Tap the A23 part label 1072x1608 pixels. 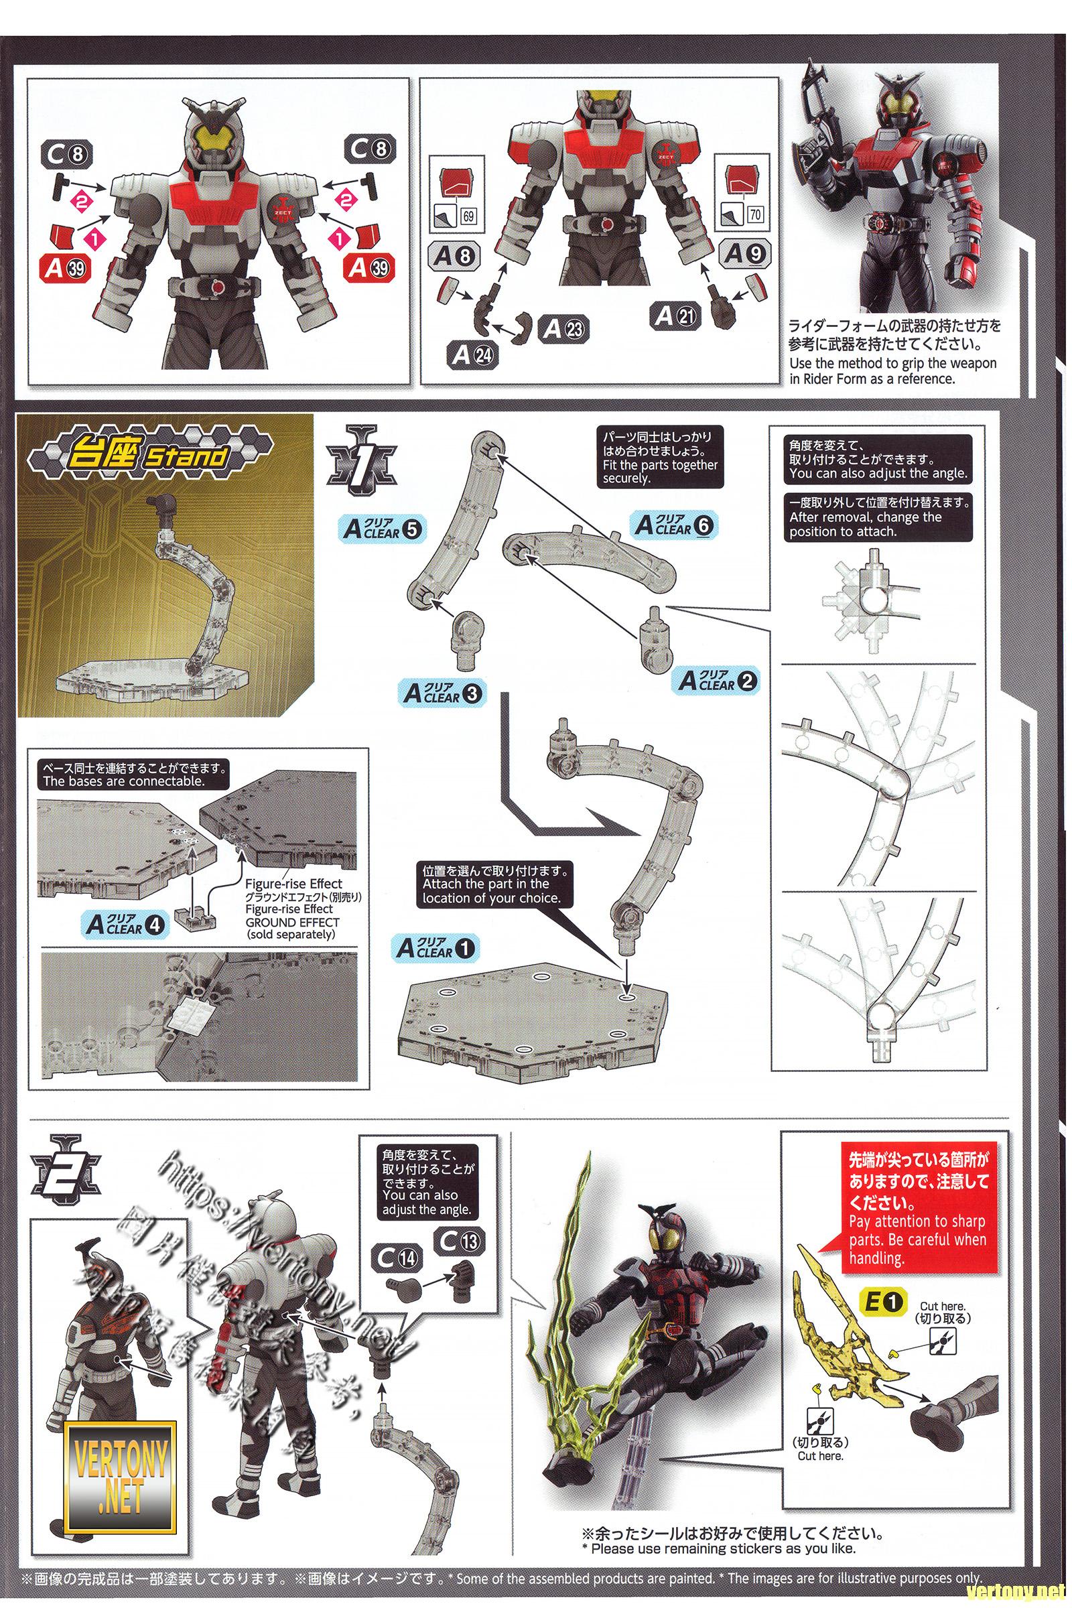point(563,330)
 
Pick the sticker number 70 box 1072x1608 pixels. point(754,214)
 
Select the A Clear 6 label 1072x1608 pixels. point(673,525)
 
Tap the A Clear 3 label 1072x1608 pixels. point(442,693)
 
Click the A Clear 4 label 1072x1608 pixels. point(125,925)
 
